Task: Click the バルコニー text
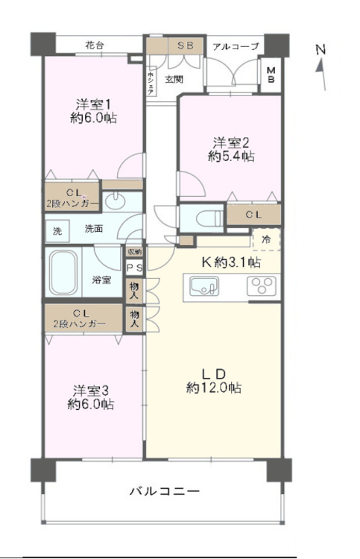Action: (164, 493)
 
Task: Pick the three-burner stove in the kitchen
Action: (261, 285)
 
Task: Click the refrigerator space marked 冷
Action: (266, 239)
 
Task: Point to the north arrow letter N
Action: (320, 50)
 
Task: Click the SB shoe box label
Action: (184, 45)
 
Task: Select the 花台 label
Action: (94, 45)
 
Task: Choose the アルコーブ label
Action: (236, 46)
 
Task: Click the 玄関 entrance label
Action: (174, 79)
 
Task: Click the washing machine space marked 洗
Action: (57, 231)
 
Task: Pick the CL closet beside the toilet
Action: (253, 215)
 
